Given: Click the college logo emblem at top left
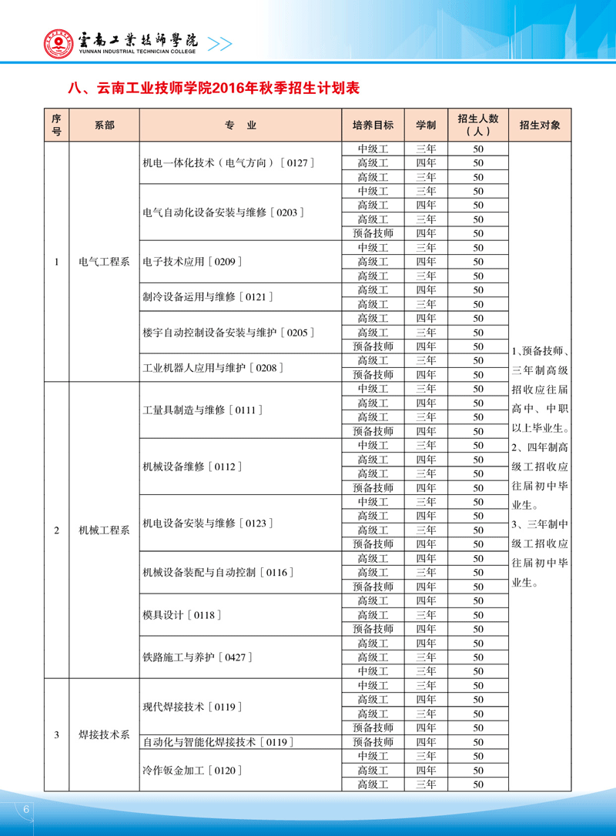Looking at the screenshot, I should point(57,43).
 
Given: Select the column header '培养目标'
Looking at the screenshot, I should point(373,125).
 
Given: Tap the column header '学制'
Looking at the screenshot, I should point(426,125).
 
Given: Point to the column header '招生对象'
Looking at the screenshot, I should point(540,125).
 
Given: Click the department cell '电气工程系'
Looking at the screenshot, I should point(104,262).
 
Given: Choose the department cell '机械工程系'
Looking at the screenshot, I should point(104,530).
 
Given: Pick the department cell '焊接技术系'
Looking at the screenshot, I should point(104,735).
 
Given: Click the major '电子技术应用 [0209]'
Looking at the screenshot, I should point(192,262).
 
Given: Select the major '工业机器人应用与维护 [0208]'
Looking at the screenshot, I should point(213,368).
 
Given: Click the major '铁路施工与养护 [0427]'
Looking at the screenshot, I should point(198,657).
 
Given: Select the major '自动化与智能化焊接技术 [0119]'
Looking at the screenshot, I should point(219,742).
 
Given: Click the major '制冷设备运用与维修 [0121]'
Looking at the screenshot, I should point(209,296).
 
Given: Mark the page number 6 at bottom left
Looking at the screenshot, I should point(26,810).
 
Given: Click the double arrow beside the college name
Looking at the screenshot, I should point(220,44).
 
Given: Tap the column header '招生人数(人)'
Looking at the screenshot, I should point(477,125).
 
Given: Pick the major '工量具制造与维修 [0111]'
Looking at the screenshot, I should point(199,410).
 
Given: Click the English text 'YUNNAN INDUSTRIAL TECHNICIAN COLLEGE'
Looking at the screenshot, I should point(138,52).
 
